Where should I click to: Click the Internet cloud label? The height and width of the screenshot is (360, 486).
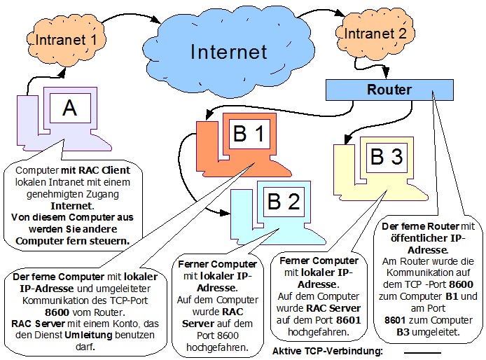228,51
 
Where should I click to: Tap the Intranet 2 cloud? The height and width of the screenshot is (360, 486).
371,32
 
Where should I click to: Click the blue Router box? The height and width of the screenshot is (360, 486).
389,90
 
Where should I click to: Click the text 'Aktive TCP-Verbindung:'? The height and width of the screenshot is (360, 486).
328,350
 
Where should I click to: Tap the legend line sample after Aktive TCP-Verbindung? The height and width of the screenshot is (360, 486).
422,352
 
